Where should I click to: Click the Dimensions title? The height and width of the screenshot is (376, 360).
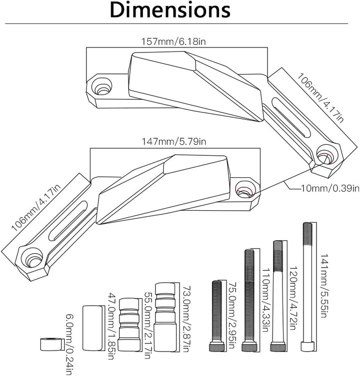[x=170, y=10]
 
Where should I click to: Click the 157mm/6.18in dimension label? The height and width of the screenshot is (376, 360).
[x=173, y=42]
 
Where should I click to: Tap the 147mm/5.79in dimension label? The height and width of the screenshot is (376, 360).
[x=173, y=141]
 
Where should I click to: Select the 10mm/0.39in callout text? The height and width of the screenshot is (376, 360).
[x=330, y=188]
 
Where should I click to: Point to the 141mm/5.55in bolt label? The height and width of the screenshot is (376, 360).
[x=323, y=286]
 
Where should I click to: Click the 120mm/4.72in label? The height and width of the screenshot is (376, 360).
[x=293, y=298]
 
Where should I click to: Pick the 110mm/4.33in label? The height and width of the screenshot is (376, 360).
[x=265, y=300]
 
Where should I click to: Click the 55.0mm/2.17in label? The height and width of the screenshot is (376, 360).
[x=147, y=326]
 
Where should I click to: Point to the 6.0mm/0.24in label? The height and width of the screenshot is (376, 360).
[x=69, y=345]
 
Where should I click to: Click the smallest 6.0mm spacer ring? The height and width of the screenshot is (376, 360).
[x=50, y=345]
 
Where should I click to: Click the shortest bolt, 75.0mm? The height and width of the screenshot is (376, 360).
[x=217, y=316]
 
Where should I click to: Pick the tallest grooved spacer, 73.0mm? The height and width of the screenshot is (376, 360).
[x=164, y=317]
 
